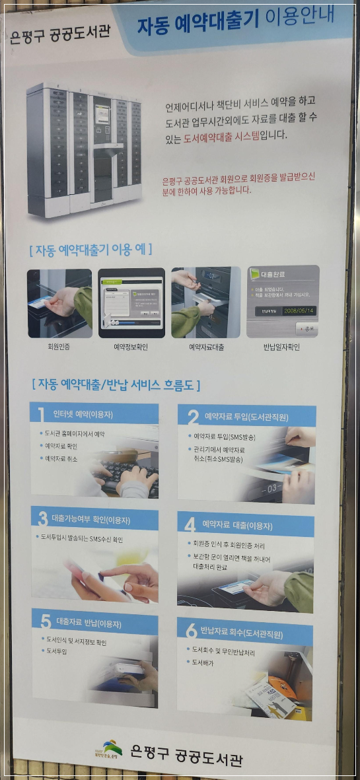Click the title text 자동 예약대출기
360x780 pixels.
pos(198,24)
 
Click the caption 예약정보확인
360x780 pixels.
pos(131,346)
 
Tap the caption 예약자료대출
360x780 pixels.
pos(206,346)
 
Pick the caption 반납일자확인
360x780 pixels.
pos(282,346)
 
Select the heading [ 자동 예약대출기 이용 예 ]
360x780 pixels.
pos(90,250)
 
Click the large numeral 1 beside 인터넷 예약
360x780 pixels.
pos(41,415)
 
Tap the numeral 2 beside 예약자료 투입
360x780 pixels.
pos(193,417)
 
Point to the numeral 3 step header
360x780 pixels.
pos(42,518)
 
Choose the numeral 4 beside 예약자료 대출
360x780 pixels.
pos(190,524)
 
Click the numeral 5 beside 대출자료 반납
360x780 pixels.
pos(45,621)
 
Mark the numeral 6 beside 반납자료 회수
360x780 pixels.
pos(191,631)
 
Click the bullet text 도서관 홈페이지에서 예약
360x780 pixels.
pos(75,434)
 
